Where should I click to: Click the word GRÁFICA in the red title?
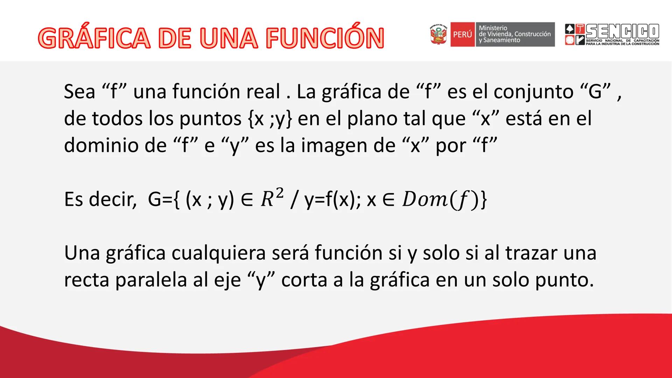click(x=94, y=38)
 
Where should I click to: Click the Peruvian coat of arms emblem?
click(x=439, y=34)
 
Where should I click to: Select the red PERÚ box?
click(x=462, y=34)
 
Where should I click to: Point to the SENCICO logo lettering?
click(x=622, y=31)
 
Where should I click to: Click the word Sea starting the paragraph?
click(x=80, y=92)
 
